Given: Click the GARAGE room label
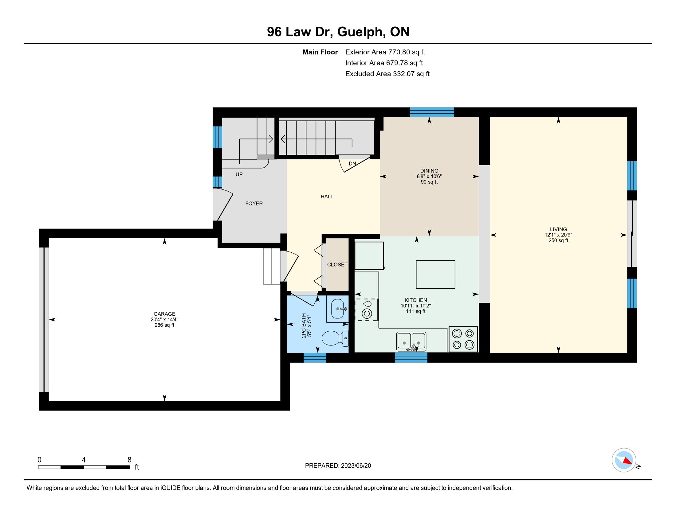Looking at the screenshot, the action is (x=164, y=314).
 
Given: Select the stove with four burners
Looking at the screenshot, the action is (x=463, y=339).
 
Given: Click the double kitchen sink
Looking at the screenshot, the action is (x=411, y=341).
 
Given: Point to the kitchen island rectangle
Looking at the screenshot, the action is (x=435, y=274).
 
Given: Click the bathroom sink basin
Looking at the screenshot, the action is (x=339, y=309).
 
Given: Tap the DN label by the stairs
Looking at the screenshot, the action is (x=352, y=164).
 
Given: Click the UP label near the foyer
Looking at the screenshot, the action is (x=239, y=174).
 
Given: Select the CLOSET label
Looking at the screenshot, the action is (x=337, y=265).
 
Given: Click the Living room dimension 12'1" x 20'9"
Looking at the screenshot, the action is (x=558, y=235).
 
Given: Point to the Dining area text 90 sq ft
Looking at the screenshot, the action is (x=429, y=182).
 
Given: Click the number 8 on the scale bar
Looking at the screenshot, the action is (x=129, y=460).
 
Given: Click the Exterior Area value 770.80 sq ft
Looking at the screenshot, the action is (x=407, y=52).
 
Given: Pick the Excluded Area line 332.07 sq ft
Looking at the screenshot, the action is (x=387, y=74).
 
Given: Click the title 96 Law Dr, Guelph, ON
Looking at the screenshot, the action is (x=338, y=32).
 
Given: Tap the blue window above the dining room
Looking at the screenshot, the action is (x=432, y=112).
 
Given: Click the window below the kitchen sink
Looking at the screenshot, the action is (x=411, y=357).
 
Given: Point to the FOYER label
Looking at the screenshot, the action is (x=254, y=204).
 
